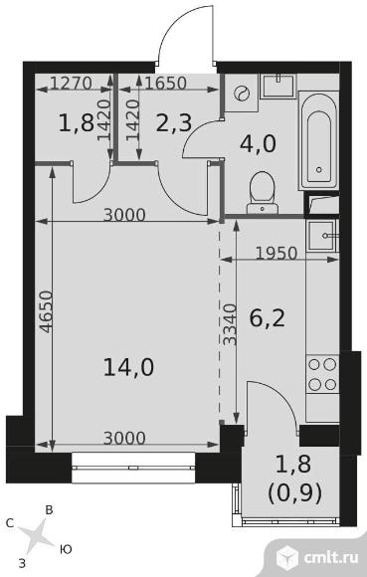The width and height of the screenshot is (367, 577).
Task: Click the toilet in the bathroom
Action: [263, 192]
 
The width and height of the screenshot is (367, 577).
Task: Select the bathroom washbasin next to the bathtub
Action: [278, 86]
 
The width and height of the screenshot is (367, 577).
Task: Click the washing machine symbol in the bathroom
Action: [242, 94]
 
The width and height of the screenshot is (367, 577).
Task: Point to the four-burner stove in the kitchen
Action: [322, 374]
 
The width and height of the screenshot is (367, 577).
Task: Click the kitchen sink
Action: [322, 236]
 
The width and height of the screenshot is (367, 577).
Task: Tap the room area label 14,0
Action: [128, 367]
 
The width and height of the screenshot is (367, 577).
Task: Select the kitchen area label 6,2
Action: [268, 318]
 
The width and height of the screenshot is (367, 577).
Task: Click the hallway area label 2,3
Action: [174, 123]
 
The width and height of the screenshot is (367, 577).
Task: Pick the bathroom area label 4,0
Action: [258, 143]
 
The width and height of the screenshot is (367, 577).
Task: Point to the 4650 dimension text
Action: [46, 312]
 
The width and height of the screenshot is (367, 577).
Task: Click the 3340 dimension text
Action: [230, 324]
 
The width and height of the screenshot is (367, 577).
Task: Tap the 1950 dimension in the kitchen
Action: [276, 253]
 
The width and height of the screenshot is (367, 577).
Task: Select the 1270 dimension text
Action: [71, 83]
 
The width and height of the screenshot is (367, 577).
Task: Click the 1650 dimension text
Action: [166, 84]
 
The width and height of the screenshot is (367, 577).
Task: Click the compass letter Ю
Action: [66, 550]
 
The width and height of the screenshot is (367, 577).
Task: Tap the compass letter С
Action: [10, 523]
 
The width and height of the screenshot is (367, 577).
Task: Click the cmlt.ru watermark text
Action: [331, 558]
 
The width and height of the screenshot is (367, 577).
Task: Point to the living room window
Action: [133, 468]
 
